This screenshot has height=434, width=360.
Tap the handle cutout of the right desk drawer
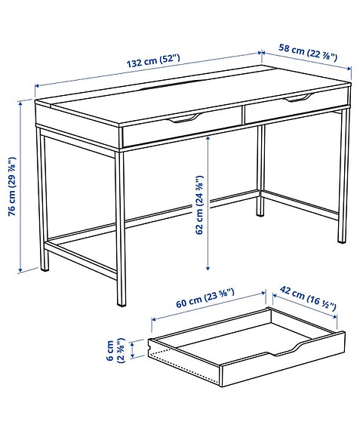tap(297, 99)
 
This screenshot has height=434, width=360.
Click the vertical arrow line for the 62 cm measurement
tap(206, 204)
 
